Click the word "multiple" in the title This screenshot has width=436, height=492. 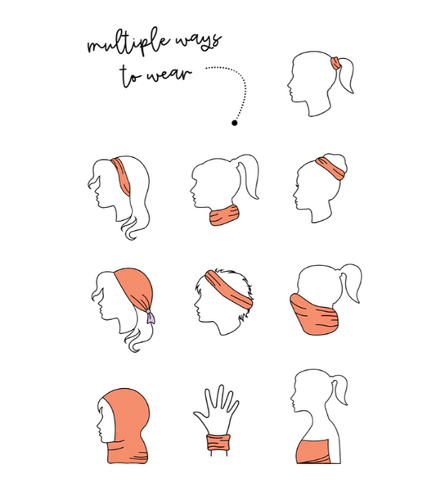(128, 43)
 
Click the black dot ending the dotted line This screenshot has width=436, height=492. (235, 123)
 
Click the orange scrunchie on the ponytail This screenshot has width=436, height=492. (335, 63)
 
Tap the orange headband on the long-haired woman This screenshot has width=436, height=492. (122, 176)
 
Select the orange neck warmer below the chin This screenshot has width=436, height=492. (224, 215)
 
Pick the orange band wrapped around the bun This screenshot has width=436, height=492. (331, 168)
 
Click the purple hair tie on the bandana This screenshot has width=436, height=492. (151, 316)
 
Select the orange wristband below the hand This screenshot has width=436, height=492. (218, 442)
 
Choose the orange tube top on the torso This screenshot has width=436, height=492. (312, 452)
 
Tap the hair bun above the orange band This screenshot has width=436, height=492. (336, 160)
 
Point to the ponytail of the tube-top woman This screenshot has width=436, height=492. (339, 390)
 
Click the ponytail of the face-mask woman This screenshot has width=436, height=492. (351, 282)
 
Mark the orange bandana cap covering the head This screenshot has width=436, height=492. (135, 289)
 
